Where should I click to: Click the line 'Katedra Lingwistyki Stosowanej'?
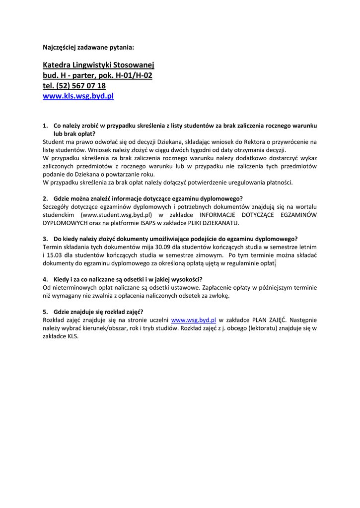(x=99, y=65)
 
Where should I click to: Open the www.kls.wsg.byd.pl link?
(x=78, y=96)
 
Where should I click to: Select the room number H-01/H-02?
(x=134, y=75)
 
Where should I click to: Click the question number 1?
(x=45, y=126)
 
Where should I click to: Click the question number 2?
(x=45, y=198)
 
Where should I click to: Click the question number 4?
(x=45, y=279)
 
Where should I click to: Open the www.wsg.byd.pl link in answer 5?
(x=193, y=320)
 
